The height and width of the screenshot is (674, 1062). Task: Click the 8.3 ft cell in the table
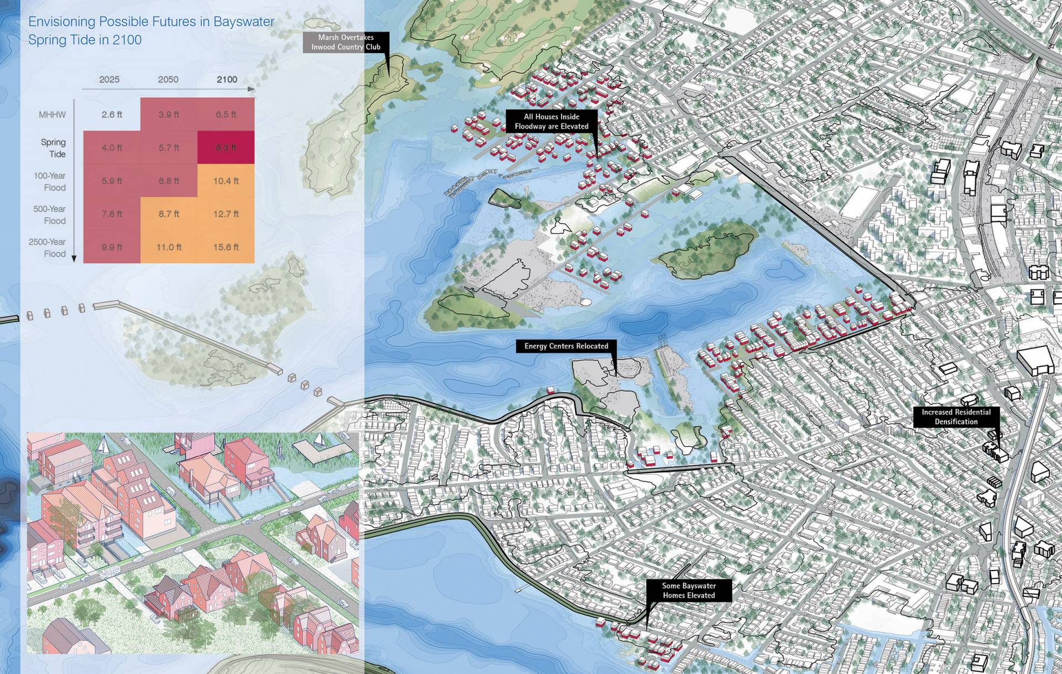click(226, 148)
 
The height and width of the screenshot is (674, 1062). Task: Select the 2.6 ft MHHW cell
click(112, 115)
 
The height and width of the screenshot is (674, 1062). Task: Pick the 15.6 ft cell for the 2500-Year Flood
click(226, 247)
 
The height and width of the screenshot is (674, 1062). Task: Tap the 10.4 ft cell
click(226, 181)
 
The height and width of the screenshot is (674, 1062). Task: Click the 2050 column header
click(168, 80)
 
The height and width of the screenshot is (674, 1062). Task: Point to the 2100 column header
click(227, 80)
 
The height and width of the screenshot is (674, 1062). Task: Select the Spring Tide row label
click(53, 148)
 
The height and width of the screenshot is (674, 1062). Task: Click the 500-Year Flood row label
click(49, 215)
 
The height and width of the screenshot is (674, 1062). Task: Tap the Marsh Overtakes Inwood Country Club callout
click(346, 42)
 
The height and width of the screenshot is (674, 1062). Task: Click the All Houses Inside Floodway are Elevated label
click(551, 121)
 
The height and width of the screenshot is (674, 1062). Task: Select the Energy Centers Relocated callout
click(566, 346)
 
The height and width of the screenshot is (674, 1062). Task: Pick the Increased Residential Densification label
click(956, 417)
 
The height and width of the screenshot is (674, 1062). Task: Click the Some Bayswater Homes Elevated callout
click(689, 590)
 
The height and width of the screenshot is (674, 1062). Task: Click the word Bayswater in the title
click(244, 22)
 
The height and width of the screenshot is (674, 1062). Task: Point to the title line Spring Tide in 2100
click(85, 40)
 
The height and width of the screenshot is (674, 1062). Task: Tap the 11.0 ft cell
click(169, 247)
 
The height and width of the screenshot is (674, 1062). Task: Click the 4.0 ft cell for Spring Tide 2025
click(112, 148)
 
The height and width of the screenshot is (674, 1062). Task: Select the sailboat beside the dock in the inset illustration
click(319, 440)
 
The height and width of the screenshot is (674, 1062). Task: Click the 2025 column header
click(110, 80)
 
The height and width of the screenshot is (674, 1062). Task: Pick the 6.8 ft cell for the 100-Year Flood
click(169, 181)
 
